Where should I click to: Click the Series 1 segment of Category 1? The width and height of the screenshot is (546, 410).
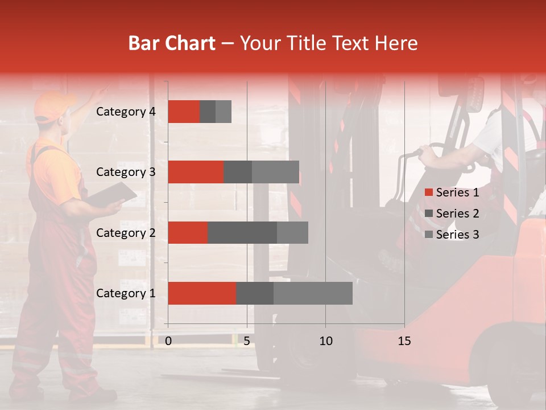(202, 293)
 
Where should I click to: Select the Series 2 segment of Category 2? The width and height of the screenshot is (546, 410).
(242, 232)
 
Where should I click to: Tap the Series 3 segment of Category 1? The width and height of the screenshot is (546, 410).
(313, 293)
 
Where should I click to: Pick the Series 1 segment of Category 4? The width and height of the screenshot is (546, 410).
(184, 112)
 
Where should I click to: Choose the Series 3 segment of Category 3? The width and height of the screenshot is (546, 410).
(275, 172)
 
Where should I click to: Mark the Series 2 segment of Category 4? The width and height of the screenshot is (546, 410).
(208, 112)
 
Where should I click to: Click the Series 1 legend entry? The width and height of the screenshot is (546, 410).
(452, 192)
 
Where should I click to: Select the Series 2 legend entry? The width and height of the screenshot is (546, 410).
(452, 214)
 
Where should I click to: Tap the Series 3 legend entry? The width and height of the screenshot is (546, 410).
(452, 235)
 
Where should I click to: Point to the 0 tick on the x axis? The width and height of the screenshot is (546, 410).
(168, 341)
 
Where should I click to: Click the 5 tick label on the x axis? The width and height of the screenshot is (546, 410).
(247, 341)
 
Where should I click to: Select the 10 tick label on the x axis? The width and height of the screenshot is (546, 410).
(325, 341)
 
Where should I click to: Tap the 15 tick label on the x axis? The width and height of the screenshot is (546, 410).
(404, 341)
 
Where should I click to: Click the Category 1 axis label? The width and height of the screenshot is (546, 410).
(126, 293)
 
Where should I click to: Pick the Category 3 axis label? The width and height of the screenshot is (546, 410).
(126, 172)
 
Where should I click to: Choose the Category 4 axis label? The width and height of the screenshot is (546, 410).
(126, 112)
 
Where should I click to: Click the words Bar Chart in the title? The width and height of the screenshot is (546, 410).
(172, 43)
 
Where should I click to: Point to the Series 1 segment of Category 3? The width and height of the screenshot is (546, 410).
(196, 172)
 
